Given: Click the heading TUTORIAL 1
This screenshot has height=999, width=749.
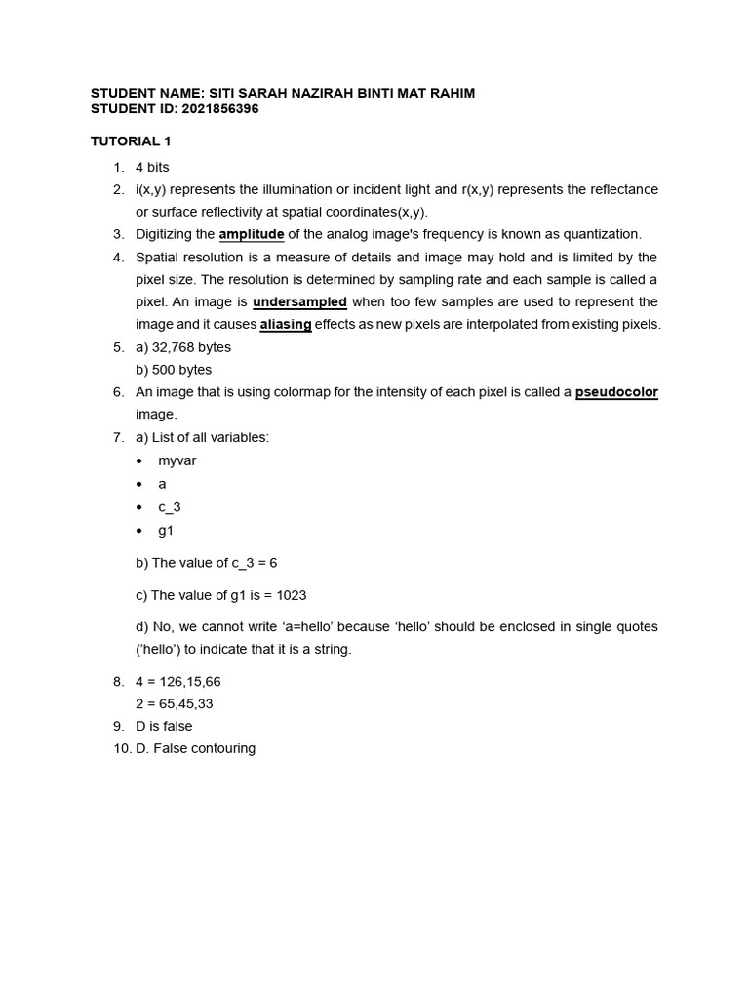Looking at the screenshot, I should pyautogui.click(x=131, y=141).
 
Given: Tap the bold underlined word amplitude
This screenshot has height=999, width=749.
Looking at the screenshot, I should pyautogui.click(x=252, y=234).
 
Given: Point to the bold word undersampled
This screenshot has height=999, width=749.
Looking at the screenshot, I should pyautogui.click(x=299, y=301).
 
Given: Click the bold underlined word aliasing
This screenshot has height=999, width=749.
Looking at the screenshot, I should pyautogui.click(x=286, y=325).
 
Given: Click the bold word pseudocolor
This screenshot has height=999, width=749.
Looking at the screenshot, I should pyautogui.click(x=616, y=392).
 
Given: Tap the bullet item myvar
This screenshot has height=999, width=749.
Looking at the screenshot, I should pyautogui.click(x=177, y=460).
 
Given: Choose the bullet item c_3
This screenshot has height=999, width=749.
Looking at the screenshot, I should pyautogui.click(x=170, y=507).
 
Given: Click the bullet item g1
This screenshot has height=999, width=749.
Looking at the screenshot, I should pyautogui.click(x=166, y=531).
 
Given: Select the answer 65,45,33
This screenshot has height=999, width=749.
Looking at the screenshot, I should pyautogui.click(x=188, y=703).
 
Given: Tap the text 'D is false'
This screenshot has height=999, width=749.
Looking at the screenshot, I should pyautogui.click(x=164, y=727).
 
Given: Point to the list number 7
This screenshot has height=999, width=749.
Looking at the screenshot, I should pyautogui.click(x=117, y=437).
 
